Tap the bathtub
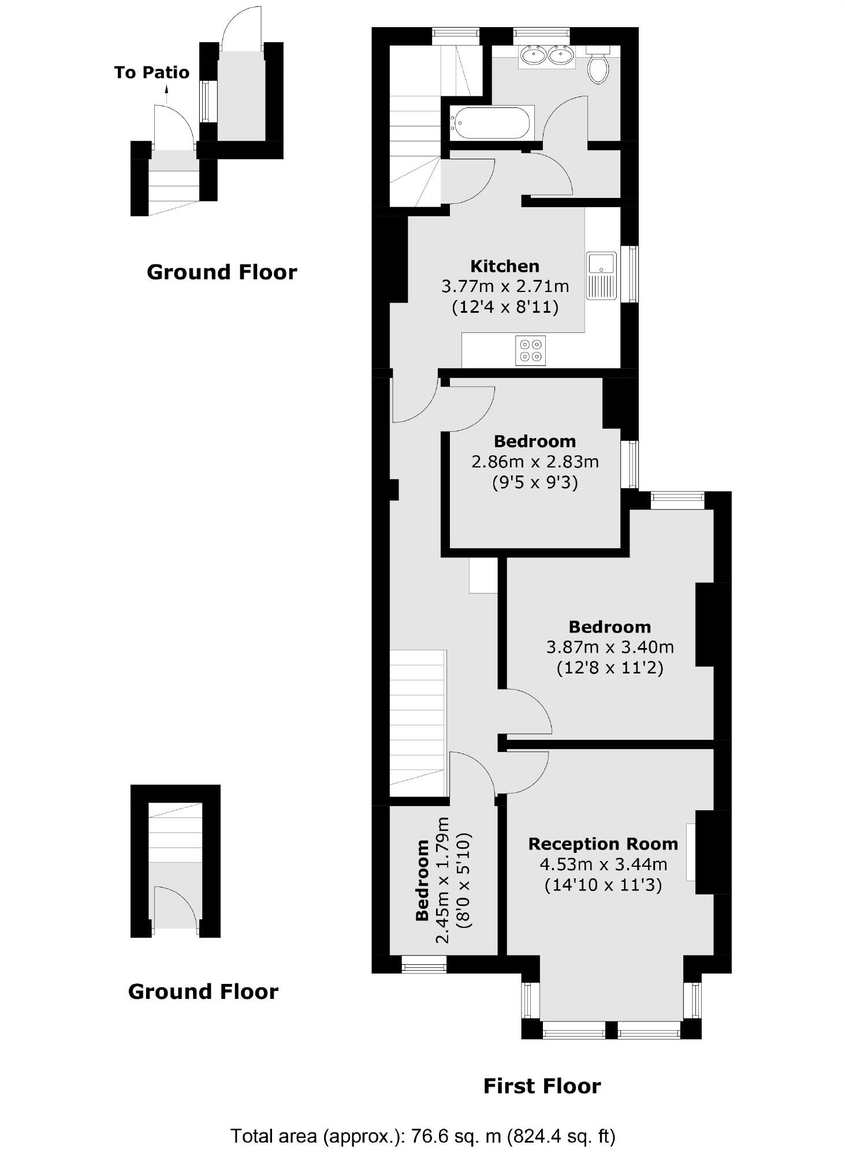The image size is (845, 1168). [x=490, y=122]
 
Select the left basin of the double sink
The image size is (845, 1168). [x=533, y=55]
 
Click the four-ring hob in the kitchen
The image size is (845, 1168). [x=530, y=350]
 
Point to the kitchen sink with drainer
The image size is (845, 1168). [x=602, y=275]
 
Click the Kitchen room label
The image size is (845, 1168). [x=505, y=266]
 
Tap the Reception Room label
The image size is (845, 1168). [x=603, y=844]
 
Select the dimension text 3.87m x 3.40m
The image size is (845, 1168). [x=610, y=647]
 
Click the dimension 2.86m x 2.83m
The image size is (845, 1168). [x=535, y=462]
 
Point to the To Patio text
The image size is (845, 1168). [x=152, y=72]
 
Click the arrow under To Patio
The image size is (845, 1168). [x=166, y=94]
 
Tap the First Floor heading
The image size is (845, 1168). [x=542, y=1086]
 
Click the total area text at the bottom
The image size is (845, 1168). [x=423, y=1136]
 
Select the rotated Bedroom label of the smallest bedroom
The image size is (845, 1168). [x=422, y=880]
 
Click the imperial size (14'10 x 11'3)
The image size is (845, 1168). [x=603, y=885]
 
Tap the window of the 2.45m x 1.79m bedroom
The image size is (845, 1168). [x=424, y=964]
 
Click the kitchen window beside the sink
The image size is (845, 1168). [x=633, y=274]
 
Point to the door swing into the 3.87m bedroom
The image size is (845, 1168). [x=526, y=711]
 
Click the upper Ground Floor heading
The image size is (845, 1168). [x=222, y=272]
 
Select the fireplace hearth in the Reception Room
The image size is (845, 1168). [x=691, y=852]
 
